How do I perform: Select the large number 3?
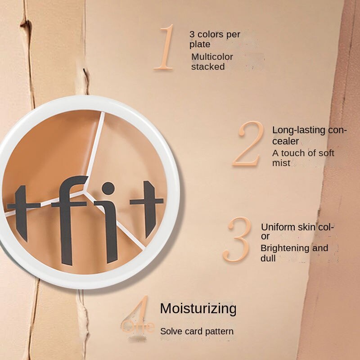(x=237, y=240)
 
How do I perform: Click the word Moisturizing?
(x=198, y=309)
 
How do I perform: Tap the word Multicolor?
(x=212, y=57)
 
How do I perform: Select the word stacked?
(x=207, y=67)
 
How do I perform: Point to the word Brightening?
(x=285, y=248)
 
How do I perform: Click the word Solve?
(x=171, y=331)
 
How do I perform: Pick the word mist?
(x=281, y=163)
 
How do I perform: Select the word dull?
(x=268, y=258)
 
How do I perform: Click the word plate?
(x=199, y=44)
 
